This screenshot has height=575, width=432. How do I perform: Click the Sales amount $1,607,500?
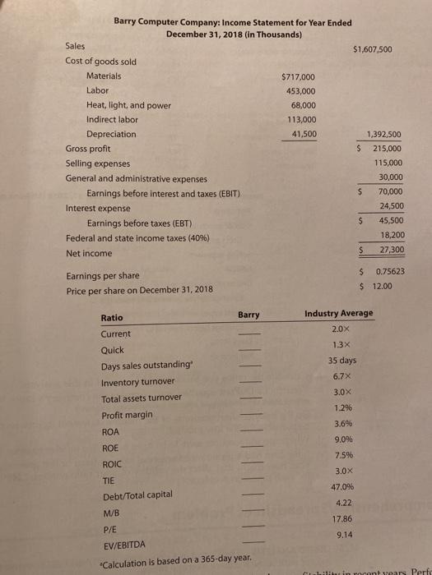click(372, 49)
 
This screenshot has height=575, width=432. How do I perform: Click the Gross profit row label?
click(88, 149)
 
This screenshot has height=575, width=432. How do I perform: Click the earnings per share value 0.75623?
click(385, 272)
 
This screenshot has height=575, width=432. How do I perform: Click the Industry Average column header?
click(338, 313)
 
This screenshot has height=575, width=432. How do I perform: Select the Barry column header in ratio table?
click(249, 315)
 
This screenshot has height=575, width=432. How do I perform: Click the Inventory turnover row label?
click(137, 382)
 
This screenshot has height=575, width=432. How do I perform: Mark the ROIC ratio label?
click(113, 462)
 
